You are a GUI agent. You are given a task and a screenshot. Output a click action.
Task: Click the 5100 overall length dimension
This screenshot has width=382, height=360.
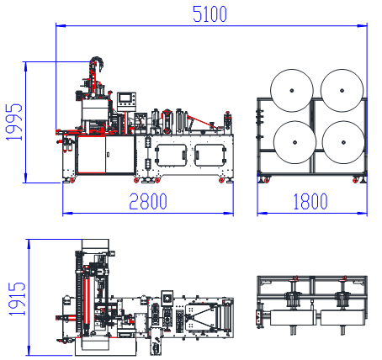click(210, 14)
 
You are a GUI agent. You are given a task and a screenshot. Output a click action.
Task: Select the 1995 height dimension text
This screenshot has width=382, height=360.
click(13, 122)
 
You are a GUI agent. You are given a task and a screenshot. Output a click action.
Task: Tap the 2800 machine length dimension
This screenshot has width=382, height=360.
click(148, 201)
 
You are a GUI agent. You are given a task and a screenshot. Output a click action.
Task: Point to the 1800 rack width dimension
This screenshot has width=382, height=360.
click(310, 201)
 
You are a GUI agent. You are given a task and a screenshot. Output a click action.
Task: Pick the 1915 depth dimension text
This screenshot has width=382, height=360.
click(17, 299)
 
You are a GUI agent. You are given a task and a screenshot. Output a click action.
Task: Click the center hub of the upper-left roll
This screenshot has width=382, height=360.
click(292, 91)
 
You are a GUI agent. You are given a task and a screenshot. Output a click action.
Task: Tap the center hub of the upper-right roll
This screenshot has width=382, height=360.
click(342, 91)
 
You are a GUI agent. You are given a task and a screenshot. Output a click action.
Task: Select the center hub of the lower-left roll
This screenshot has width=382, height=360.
click(294, 142)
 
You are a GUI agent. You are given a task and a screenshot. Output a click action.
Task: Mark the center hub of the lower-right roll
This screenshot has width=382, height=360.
click(343, 142)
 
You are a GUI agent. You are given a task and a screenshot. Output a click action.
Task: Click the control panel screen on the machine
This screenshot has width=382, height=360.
click(125, 98)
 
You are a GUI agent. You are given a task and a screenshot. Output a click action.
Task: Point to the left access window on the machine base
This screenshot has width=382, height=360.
click(171, 155)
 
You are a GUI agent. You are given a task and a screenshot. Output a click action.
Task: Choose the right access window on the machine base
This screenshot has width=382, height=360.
click(210, 155)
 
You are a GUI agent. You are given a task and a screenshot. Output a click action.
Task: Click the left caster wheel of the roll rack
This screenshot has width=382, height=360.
click(267, 180)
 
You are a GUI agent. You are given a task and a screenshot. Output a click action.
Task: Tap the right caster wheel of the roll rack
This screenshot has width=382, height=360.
click(356, 180)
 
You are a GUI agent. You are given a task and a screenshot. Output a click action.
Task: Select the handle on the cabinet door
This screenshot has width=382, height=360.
click(108, 154)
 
